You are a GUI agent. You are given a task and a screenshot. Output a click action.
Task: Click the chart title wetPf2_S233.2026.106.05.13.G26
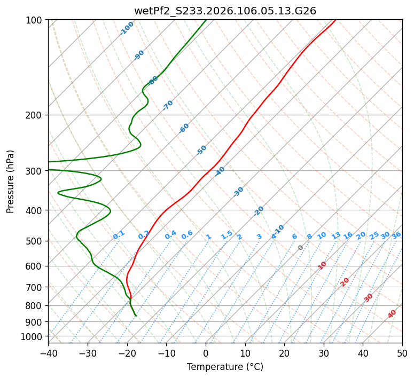click(225, 11)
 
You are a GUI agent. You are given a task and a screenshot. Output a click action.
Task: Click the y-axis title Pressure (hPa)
click(11, 181)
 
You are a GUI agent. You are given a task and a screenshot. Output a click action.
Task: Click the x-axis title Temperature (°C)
click(225, 367)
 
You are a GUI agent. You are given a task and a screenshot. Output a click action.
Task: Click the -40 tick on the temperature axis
click(48, 353)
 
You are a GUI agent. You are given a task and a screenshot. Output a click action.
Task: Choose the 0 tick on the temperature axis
click(206, 353)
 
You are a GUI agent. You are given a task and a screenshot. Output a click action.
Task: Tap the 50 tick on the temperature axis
click(402, 353)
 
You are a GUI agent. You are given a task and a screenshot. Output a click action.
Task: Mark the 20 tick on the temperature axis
click(284, 353)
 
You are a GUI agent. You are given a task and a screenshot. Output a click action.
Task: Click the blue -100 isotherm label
click(127, 28)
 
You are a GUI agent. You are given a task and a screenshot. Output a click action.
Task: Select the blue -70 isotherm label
click(168, 105)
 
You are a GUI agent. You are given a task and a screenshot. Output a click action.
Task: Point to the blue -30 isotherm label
click(238, 192)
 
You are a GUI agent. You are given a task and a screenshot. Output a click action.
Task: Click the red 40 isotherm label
click(392, 314)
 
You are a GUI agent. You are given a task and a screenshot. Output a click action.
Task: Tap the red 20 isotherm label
click(345, 281)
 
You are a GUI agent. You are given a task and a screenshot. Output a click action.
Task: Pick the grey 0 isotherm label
click(301, 248)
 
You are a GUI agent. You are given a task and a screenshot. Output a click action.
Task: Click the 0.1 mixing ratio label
click(119, 234)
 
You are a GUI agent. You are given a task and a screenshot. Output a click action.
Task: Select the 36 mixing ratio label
click(396, 235)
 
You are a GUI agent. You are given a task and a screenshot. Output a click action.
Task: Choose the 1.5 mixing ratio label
click(226, 234)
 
